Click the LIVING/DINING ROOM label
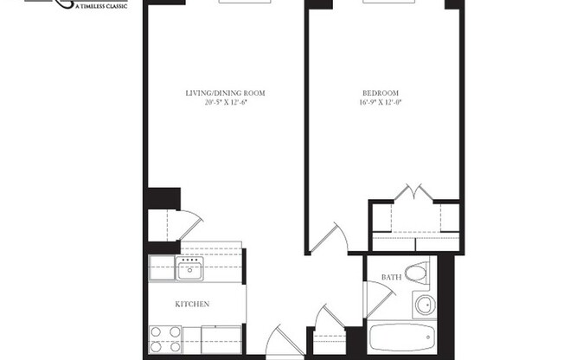(224, 93)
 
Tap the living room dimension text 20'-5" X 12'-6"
(224, 102)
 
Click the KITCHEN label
(193, 304)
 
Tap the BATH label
(390, 277)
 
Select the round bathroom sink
(425, 305)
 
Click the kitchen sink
(189, 269)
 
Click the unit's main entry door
(281, 342)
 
